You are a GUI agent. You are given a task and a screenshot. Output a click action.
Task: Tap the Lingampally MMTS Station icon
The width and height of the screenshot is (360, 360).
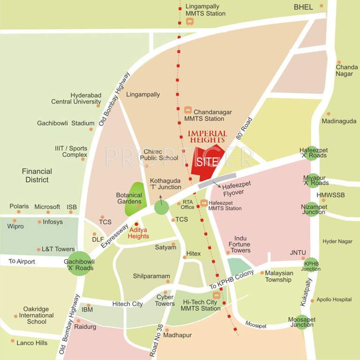pos(190,21)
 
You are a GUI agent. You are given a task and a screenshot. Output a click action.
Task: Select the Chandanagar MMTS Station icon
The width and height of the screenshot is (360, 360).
pos(188,110)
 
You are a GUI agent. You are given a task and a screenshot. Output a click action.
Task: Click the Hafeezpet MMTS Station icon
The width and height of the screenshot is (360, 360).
pos(204,202)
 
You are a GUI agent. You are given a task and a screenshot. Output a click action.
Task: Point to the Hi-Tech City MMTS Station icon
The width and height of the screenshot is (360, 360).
pos(216,295)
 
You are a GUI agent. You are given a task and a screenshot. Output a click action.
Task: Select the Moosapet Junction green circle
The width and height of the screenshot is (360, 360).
pos(303,322)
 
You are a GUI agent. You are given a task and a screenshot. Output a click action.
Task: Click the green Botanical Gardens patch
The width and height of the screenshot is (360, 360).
pos(134,199)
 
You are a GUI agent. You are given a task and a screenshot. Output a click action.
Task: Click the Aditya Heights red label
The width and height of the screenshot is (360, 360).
pos(139,233)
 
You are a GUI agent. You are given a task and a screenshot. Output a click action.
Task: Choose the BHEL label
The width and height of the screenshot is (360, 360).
pos(303,7)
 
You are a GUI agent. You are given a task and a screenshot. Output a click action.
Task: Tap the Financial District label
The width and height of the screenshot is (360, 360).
pos(37,175)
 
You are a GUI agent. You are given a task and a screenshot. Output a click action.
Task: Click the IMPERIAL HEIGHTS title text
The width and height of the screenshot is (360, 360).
pos(207,136)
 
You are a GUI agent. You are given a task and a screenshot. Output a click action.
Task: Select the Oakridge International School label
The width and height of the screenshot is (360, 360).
pos(37,315)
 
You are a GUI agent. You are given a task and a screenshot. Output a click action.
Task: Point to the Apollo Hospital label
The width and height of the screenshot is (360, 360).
pos(334,300)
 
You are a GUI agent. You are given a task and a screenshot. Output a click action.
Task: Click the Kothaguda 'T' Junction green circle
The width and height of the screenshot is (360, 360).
pos(161,206)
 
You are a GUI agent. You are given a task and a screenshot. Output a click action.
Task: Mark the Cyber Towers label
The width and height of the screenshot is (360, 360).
pos(165,300)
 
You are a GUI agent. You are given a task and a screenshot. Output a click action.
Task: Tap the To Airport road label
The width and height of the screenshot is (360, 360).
pos(22,261)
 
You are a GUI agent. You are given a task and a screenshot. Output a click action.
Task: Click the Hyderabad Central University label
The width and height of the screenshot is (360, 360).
pos(76,98)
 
